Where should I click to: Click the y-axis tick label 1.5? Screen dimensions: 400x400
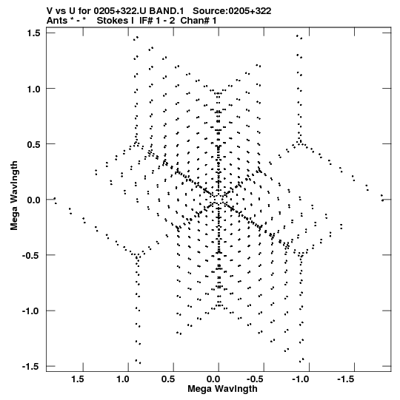[x=33, y=33]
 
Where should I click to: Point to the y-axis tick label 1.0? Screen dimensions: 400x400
[x=33, y=89]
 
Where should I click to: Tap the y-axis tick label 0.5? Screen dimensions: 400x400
[x=33, y=144]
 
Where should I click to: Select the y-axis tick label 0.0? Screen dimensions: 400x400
[x=33, y=200]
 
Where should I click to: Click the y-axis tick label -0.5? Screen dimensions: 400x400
[x=31, y=256]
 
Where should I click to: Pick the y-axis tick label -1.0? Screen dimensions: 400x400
[x=31, y=311]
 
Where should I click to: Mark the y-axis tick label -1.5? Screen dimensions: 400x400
[x=31, y=367]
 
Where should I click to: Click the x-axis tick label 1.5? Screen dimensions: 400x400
[x=78, y=379]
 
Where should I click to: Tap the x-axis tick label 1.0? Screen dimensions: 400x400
[x=123, y=379]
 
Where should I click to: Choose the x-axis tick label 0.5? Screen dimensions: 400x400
[x=168, y=379]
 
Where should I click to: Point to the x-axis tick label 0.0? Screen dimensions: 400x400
[x=213, y=379]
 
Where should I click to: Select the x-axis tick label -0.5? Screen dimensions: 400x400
[x=256, y=379]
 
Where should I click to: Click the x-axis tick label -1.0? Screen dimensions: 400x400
[x=301, y=379]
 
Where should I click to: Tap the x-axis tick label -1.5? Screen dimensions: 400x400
[x=347, y=379]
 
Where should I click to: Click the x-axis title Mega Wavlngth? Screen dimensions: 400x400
[x=222, y=390]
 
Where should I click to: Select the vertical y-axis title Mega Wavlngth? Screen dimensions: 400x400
[x=14, y=196]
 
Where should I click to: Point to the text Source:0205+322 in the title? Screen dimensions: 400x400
[x=232, y=11]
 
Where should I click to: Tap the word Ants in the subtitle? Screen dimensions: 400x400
[x=57, y=21]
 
